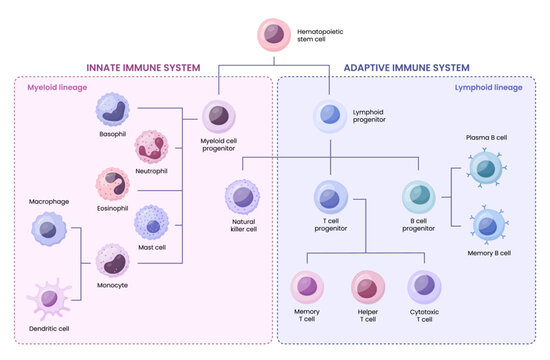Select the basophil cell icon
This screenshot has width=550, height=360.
(111, 110)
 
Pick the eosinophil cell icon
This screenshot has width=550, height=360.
(111, 185)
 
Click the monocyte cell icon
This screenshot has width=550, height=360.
(111, 261)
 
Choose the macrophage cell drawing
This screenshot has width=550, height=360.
(47, 229)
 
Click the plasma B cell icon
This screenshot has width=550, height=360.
(487, 167)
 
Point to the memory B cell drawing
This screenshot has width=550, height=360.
(487, 227)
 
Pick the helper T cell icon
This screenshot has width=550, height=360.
(367, 288)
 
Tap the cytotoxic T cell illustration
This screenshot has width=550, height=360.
(424, 288)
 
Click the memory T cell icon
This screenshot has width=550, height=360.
(306, 288)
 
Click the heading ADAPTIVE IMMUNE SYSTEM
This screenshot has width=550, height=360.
(406, 67)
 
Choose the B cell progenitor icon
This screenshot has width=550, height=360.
(418, 197)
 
